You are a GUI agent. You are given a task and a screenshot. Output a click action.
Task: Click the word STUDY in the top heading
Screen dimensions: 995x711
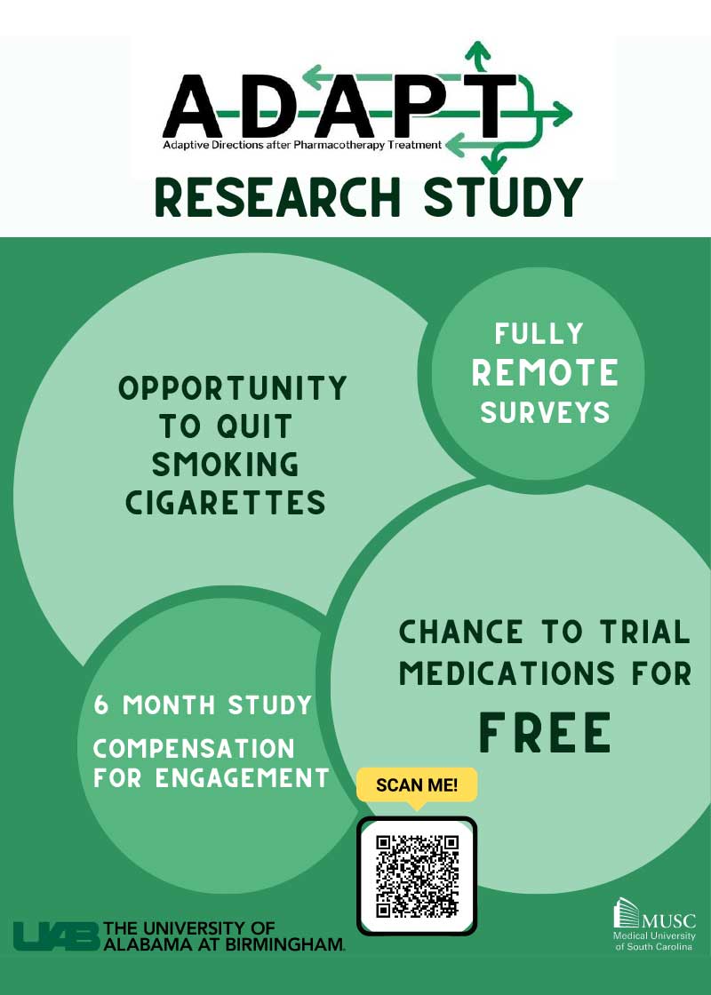tap(503, 197)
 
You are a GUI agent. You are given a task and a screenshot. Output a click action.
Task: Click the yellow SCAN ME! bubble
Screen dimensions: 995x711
tap(417, 784)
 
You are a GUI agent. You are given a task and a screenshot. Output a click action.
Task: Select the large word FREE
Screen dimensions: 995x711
tap(545, 732)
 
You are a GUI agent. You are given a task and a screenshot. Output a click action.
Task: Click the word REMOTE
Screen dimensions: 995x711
tap(545, 373)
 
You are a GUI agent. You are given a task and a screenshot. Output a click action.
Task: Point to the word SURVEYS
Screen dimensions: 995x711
tap(545, 412)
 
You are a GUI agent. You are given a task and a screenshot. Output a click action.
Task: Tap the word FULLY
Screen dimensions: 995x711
tap(539, 335)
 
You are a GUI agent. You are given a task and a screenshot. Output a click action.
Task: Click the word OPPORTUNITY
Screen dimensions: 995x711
tap(233, 388)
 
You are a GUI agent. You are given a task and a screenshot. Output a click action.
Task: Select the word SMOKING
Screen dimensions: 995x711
tap(225, 465)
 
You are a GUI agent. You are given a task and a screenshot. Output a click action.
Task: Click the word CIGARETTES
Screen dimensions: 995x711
tap(225, 504)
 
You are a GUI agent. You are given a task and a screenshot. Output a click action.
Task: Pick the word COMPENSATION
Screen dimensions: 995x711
tap(195, 747)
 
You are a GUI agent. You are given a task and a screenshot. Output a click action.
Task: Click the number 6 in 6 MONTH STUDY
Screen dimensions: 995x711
tap(103, 705)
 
